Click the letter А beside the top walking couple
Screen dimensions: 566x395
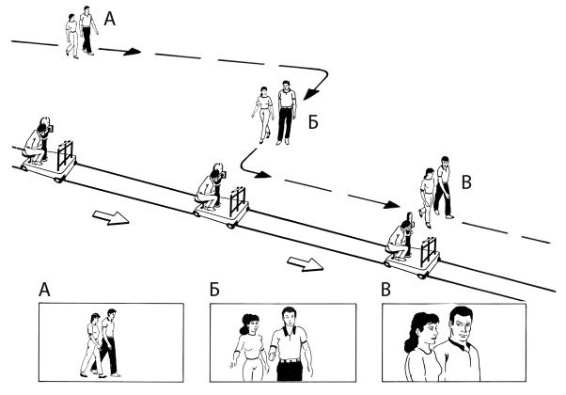point(110,19)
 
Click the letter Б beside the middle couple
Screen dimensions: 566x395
point(313,123)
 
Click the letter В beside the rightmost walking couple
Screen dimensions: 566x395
point(466,182)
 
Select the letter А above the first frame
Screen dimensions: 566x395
point(44,290)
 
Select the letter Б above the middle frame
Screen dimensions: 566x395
point(214,290)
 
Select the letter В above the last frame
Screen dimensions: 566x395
point(385,290)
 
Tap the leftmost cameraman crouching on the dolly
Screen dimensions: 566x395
point(38,141)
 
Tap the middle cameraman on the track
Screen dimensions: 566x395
point(211,186)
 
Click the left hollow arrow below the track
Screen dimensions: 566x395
point(111,217)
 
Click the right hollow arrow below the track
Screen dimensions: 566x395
point(305,264)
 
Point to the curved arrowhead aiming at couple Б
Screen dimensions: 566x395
point(310,94)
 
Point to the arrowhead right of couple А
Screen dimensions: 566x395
point(132,52)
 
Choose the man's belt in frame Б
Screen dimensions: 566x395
point(290,360)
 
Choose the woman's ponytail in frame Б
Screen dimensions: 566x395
point(244,325)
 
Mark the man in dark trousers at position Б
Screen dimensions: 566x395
point(287,113)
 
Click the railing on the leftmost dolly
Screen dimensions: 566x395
point(65,155)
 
